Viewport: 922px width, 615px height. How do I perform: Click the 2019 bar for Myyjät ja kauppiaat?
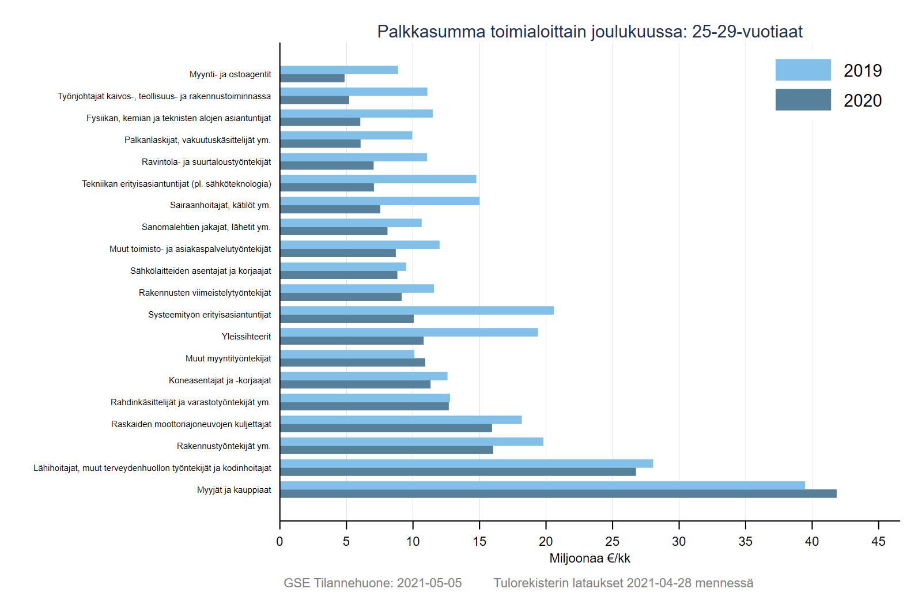coord(542,485)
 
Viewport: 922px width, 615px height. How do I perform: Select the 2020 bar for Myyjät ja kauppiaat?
coord(558,494)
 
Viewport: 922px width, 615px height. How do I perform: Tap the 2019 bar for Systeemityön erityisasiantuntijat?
coord(417,311)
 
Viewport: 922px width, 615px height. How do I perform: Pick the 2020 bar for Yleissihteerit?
coord(352,341)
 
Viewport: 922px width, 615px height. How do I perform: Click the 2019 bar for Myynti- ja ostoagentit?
coord(339,70)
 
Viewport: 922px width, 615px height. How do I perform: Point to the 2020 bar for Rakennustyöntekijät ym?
coord(386,450)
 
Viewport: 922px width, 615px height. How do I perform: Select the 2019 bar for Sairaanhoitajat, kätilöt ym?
coord(379,201)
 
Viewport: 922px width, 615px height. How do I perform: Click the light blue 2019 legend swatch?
coord(803,70)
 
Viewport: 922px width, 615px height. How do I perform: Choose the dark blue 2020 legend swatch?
coord(803,100)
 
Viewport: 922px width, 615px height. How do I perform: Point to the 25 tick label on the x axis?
coord(612,541)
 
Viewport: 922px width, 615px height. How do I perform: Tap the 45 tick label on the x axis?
coord(878,541)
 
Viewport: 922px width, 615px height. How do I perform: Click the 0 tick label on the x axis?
coord(279,541)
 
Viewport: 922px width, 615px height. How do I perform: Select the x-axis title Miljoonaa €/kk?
coord(590,559)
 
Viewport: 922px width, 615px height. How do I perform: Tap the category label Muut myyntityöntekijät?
coord(228,359)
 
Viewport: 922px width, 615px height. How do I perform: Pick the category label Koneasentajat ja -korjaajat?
coord(220,380)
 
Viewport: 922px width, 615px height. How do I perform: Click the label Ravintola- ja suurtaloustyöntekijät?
coord(206,162)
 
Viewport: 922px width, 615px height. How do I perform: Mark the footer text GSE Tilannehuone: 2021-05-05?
coord(372,583)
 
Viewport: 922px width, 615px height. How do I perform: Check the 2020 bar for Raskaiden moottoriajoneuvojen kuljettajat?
coord(386,428)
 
